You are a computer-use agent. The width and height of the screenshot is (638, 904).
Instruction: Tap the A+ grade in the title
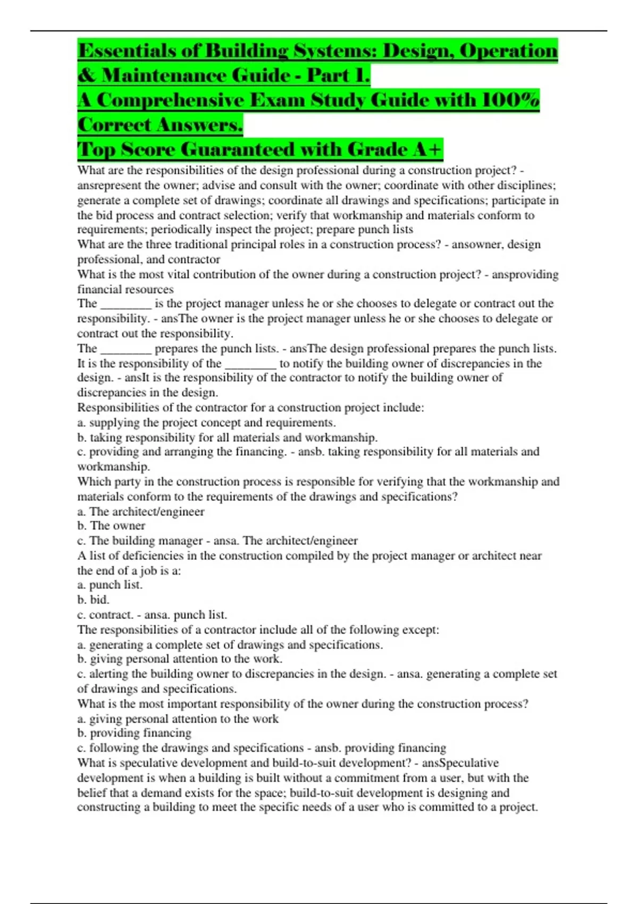[x=427, y=149]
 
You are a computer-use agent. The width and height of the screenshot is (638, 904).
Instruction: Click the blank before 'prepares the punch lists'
[x=126, y=349]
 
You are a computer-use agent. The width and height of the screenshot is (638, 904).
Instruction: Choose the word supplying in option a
[x=114, y=423]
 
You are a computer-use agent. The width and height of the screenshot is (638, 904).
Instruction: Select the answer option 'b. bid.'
[x=94, y=600]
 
